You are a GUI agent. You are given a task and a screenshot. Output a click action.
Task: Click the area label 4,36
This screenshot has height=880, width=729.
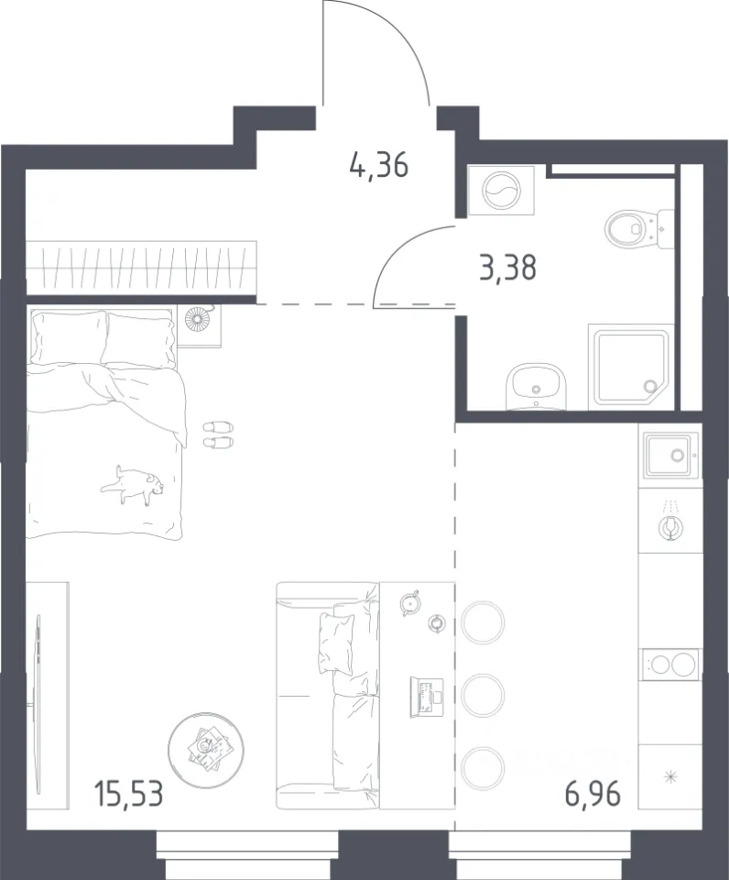coord(378,167)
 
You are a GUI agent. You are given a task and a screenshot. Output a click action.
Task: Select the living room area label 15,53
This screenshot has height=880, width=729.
coord(129,796)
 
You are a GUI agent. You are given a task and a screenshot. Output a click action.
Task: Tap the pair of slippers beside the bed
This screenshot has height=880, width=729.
coord(218,434)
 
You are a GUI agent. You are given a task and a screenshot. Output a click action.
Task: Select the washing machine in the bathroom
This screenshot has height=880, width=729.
coord(501,191)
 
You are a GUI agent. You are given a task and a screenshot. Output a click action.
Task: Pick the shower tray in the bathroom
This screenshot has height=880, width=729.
coord(629,367)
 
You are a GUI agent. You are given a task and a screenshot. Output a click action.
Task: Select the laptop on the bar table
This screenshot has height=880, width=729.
coord(427,696)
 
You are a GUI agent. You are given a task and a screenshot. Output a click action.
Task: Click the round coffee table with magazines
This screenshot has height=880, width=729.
coord(206,745)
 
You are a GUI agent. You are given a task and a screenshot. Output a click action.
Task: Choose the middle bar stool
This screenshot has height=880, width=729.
coord(482,696)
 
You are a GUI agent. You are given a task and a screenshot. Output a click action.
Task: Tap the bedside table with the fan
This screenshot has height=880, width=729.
coord(199,325)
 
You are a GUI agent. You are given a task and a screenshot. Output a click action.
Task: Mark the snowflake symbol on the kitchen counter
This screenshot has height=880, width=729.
coord(670,777)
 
